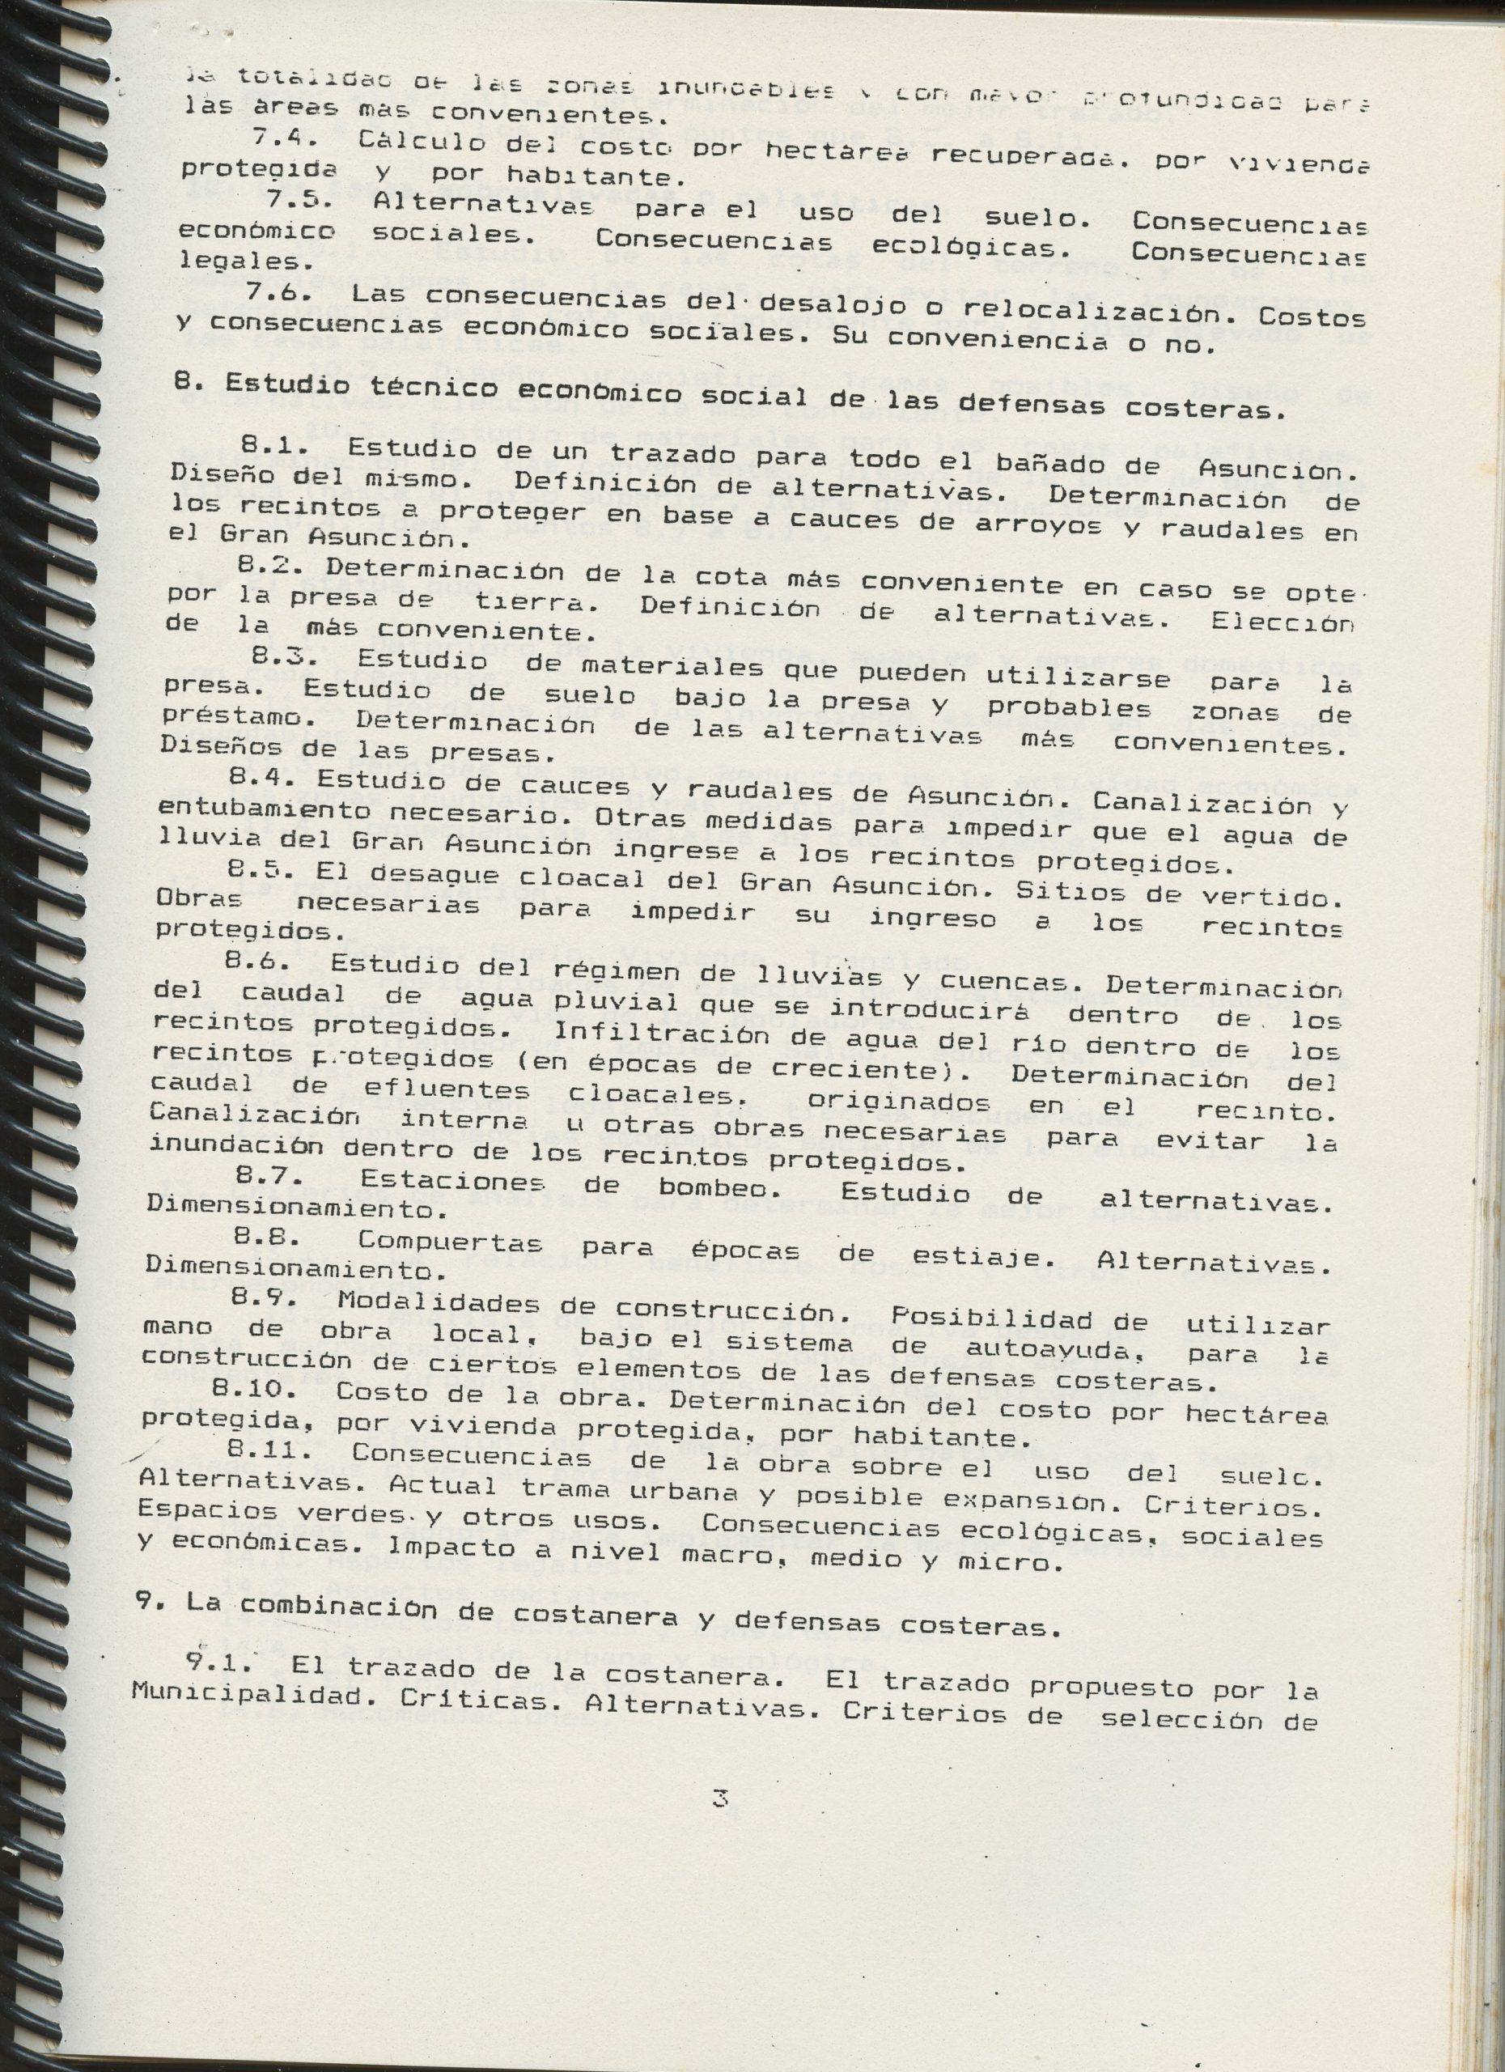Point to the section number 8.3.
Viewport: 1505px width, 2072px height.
point(278,656)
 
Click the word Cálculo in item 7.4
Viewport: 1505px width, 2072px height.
point(416,142)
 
